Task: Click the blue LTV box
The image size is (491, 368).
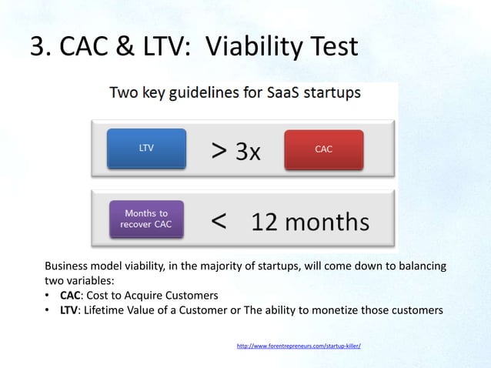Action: (x=146, y=149)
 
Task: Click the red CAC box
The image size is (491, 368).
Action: (x=324, y=149)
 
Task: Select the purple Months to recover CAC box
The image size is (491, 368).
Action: (x=146, y=219)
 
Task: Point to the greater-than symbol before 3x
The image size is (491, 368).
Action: (x=219, y=151)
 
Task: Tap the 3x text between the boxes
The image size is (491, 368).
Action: (x=248, y=152)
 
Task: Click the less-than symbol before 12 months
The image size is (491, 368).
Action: (x=219, y=221)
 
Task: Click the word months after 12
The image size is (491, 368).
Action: (x=327, y=222)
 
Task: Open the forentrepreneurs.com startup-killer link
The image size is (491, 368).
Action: (x=299, y=346)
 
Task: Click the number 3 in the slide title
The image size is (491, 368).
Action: (x=37, y=46)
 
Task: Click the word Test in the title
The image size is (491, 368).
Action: (x=334, y=46)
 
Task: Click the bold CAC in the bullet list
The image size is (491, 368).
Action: (x=70, y=296)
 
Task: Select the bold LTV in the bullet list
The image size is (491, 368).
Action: (x=68, y=310)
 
